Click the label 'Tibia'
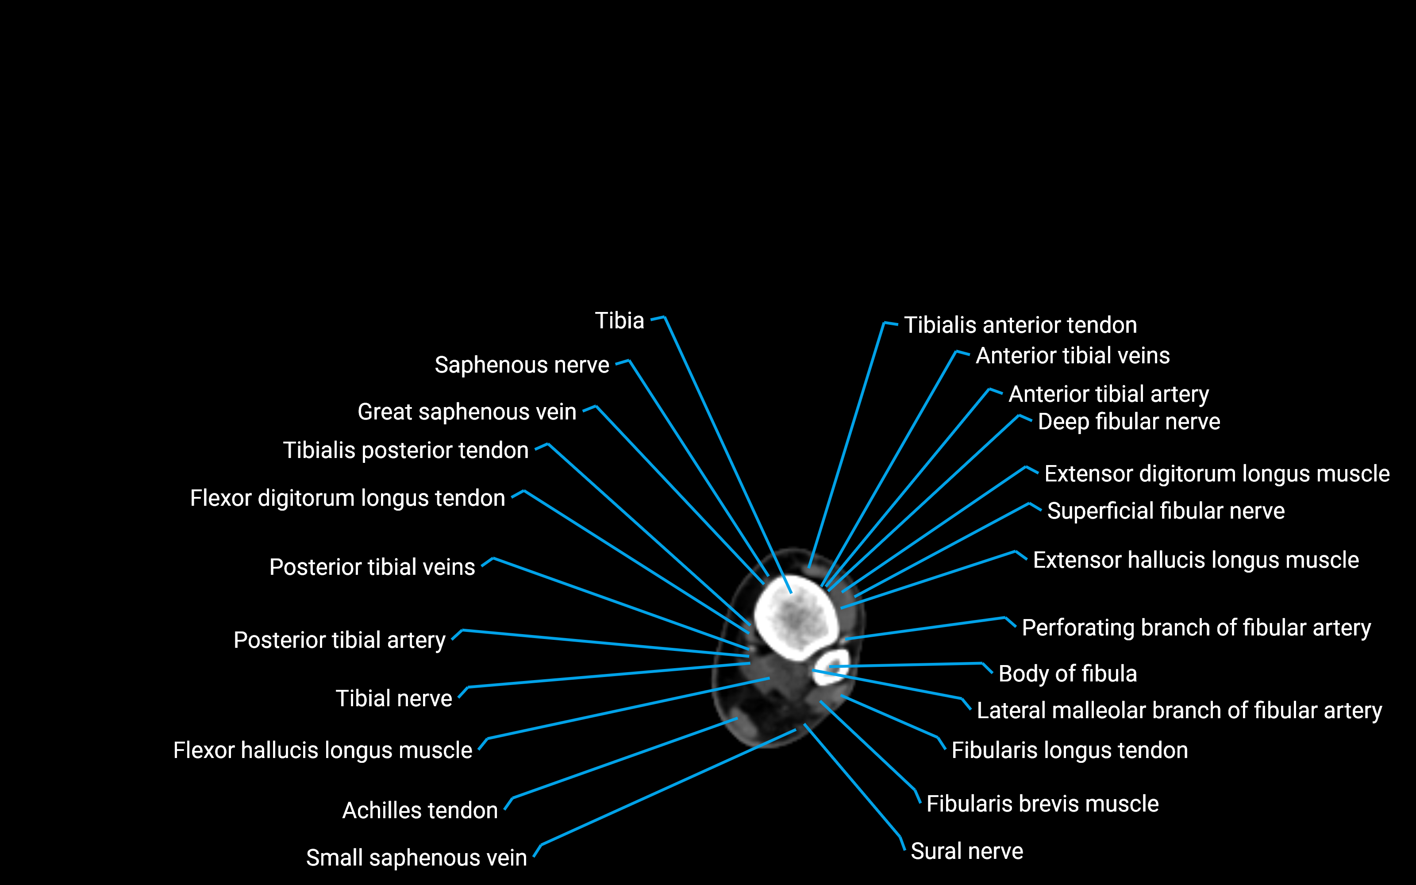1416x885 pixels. pyautogui.click(x=619, y=321)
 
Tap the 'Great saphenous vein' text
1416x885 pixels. pyautogui.click(x=466, y=412)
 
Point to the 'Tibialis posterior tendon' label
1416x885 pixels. pyautogui.click(x=405, y=451)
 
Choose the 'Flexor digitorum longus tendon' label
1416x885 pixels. pyautogui.click(x=347, y=498)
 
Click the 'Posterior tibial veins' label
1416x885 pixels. pyautogui.click(x=372, y=567)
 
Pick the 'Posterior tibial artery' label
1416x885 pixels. pyautogui.click(x=339, y=640)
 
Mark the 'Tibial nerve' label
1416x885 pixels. pyautogui.click(x=393, y=699)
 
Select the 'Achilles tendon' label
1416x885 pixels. pyautogui.click(x=419, y=811)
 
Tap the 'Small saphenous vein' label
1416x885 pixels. pyautogui.click(x=416, y=858)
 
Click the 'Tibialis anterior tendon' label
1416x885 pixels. pyautogui.click(x=1020, y=325)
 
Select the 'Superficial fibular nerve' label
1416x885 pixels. pyautogui.click(x=1165, y=511)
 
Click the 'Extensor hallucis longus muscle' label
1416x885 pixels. pyautogui.click(x=1195, y=560)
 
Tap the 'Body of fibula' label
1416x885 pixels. pyautogui.click(x=1067, y=673)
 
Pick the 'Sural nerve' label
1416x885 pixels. pyautogui.click(x=966, y=852)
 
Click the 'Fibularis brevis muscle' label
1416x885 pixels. pyautogui.click(x=1042, y=804)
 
